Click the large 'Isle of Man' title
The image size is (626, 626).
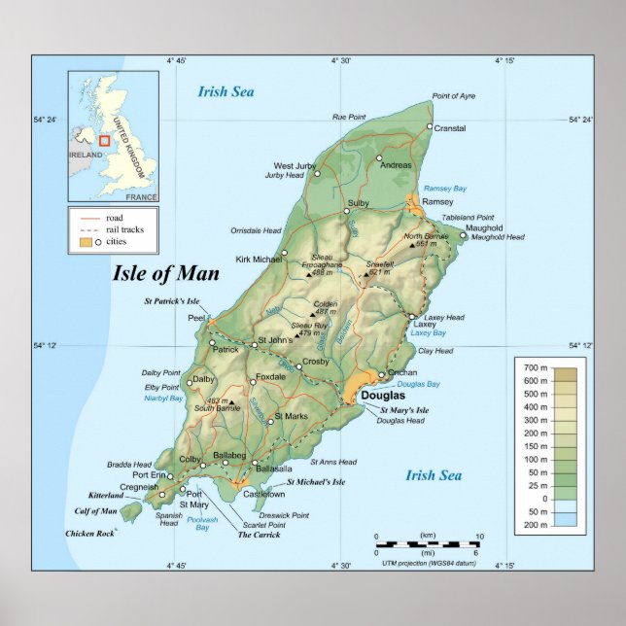167,272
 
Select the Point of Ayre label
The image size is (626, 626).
454,95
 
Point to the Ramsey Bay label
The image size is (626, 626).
445,188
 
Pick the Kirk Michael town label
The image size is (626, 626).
257,260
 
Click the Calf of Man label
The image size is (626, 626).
95,510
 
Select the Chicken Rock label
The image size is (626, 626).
89,534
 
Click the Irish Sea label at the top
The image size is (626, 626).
226,92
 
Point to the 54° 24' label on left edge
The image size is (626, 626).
46,120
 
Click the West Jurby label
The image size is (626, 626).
296,166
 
